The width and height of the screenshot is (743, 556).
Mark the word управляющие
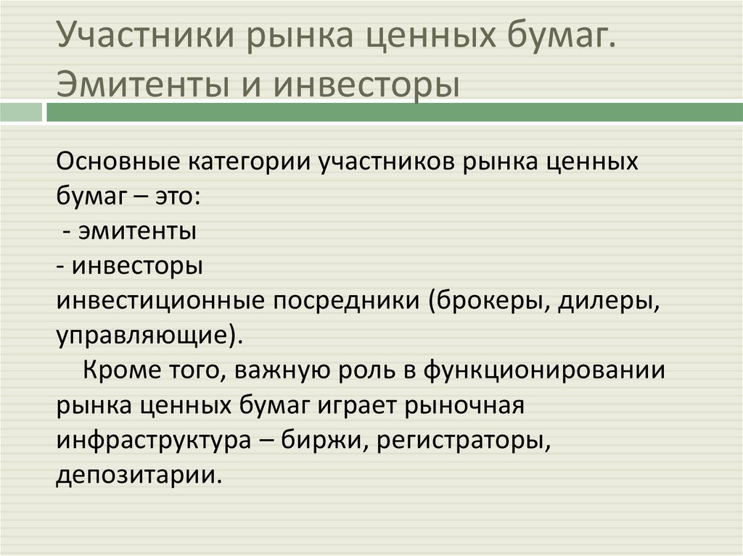click(x=142, y=336)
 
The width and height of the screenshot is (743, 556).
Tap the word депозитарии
click(x=134, y=476)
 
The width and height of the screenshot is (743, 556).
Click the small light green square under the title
click(x=21, y=112)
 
